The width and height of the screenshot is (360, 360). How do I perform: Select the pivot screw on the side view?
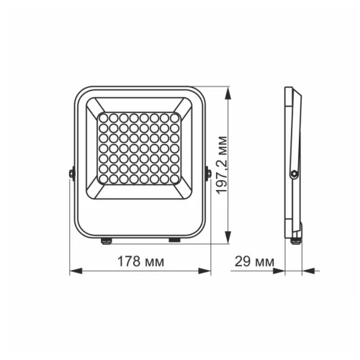point(294,173)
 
